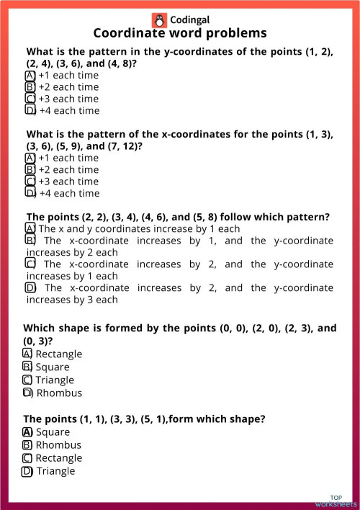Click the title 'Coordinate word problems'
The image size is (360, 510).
[x=180, y=33]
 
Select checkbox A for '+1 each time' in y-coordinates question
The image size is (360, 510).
[x=30, y=75]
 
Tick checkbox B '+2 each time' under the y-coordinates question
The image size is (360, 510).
[x=30, y=87]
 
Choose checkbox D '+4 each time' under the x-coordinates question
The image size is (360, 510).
[x=30, y=193]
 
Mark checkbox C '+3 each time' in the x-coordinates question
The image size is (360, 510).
[x=30, y=182]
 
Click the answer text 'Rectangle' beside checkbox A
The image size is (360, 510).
[x=58, y=354]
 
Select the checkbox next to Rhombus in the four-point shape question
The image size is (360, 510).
[x=27, y=393]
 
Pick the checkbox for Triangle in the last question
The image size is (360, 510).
[x=27, y=471]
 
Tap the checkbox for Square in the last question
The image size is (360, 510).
[x=27, y=432]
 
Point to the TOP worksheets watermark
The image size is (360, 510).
[x=336, y=501]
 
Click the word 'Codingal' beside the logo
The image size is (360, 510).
[x=191, y=20]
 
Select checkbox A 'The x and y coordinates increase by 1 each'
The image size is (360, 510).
[x=30, y=229]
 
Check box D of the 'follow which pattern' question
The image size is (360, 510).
[x=30, y=288]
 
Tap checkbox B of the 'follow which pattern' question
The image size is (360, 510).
[x=30, y=241]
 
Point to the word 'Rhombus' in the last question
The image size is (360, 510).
[x=58, y=445]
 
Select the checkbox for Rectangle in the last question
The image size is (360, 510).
[x=27, y=458]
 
